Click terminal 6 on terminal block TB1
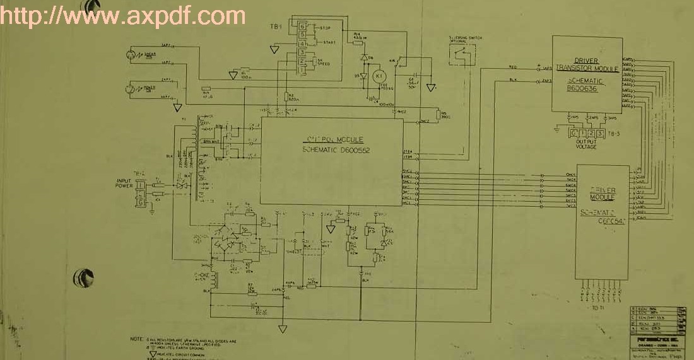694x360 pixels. (303, 26)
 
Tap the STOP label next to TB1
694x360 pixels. (326, 28)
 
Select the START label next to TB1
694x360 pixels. (328, 42)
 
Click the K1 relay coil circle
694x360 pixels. (379, 76)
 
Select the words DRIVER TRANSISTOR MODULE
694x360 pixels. (586, 64)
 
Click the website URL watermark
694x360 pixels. (123, 15)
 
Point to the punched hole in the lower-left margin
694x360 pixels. (83, 277)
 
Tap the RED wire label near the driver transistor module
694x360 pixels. (513, 66)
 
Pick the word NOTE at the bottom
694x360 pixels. (136, 339)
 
